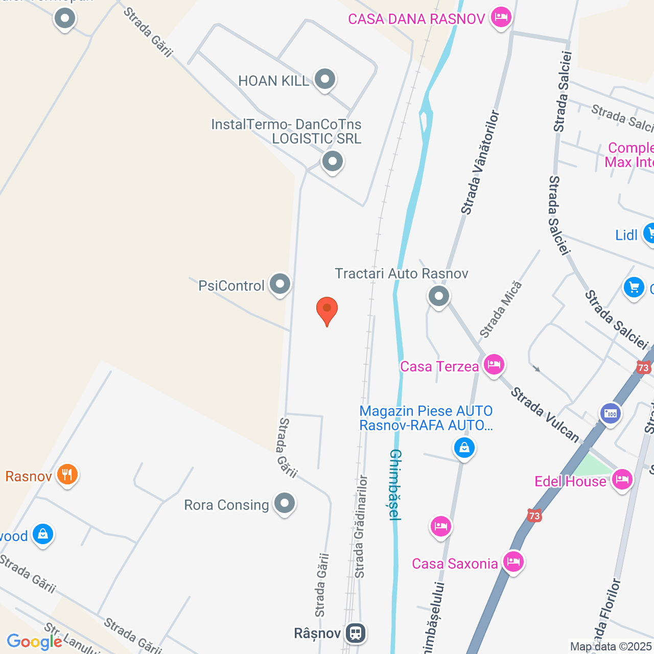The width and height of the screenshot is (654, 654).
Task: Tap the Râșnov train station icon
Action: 356,633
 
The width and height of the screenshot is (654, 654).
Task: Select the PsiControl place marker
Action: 280,284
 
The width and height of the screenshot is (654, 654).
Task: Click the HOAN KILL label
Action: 274,81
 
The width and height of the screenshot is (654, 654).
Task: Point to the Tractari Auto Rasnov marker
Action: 438,295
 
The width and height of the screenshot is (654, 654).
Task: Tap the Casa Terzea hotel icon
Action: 494,365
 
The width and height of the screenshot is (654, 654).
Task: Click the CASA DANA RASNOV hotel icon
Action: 501,18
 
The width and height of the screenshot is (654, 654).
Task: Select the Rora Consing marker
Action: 285,503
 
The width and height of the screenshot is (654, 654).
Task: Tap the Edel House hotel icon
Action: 622,479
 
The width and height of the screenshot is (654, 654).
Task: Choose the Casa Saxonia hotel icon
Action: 513,562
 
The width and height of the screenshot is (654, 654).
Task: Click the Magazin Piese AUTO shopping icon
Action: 464,448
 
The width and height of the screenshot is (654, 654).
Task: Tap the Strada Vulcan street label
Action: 545,414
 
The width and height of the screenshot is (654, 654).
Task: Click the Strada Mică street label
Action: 501,310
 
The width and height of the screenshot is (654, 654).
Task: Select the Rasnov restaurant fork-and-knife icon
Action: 67,475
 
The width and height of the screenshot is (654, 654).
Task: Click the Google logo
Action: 34,642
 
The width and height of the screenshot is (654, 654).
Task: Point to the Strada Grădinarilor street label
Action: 361,526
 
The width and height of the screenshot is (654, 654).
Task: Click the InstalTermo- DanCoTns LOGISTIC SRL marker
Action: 332,161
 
